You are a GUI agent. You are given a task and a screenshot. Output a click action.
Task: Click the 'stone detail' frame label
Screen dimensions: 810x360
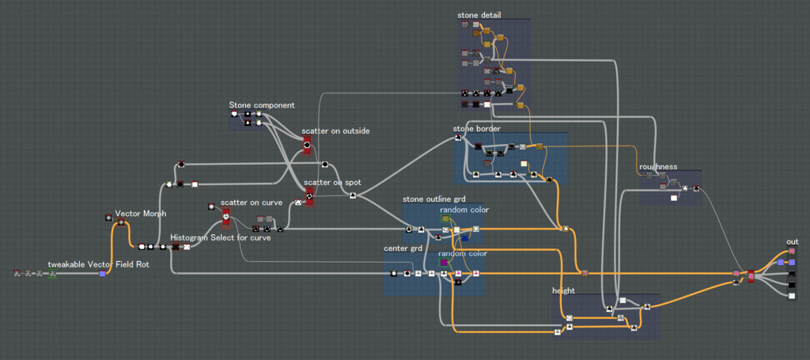coord(479,15)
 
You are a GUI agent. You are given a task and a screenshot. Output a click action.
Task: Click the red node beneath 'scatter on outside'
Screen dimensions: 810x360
coord(307,146)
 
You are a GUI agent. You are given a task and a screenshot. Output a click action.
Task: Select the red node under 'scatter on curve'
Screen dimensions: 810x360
coord(225,218)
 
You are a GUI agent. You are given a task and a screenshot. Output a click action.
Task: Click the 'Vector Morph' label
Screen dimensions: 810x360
coord(141,214)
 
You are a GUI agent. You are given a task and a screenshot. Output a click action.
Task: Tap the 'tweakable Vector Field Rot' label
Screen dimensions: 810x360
coord(99,264)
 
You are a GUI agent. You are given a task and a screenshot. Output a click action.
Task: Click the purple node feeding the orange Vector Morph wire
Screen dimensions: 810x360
coord(102,274)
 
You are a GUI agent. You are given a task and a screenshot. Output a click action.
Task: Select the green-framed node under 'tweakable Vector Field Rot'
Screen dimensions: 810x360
coord(52,274)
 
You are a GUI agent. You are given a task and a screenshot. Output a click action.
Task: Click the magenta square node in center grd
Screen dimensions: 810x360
coord(444,263)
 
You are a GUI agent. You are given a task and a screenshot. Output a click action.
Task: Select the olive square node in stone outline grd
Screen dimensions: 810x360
coord(445,219)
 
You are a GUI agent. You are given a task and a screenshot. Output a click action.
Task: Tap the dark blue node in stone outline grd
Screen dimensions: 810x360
coord(464,237)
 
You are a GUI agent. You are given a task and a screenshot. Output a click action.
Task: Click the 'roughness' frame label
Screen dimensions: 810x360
coord(658,167)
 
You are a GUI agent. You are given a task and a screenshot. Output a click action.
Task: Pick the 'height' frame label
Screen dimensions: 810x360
coord(563,291)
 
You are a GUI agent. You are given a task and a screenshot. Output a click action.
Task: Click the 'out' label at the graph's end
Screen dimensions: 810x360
coord(793,242)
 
